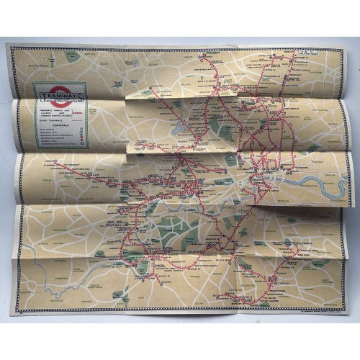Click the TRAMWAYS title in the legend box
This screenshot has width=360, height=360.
coord(60,95)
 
